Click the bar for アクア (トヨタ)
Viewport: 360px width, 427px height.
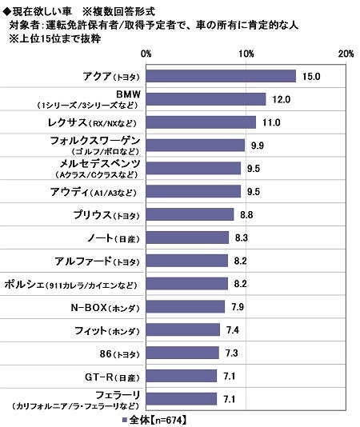click(x=222, y=76)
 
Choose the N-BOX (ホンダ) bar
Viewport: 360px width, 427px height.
click(x=186, y=307)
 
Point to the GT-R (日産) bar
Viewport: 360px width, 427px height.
click(x=182, y=376)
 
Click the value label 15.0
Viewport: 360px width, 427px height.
click(x=312, y=76)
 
